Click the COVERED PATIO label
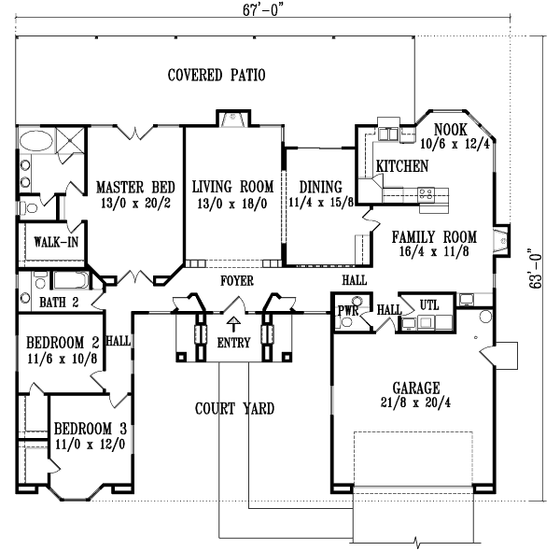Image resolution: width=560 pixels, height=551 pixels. (216, 75)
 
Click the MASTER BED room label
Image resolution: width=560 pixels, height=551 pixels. (131, 186)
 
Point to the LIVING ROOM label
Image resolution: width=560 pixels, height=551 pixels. (233, 186)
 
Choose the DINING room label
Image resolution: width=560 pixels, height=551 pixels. (315, 186)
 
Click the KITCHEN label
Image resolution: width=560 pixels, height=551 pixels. (402, 166)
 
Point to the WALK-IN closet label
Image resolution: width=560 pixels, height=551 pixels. (55, 243)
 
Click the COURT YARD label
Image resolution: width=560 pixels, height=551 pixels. (233, 408)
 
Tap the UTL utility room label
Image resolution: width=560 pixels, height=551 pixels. (429, 305)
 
